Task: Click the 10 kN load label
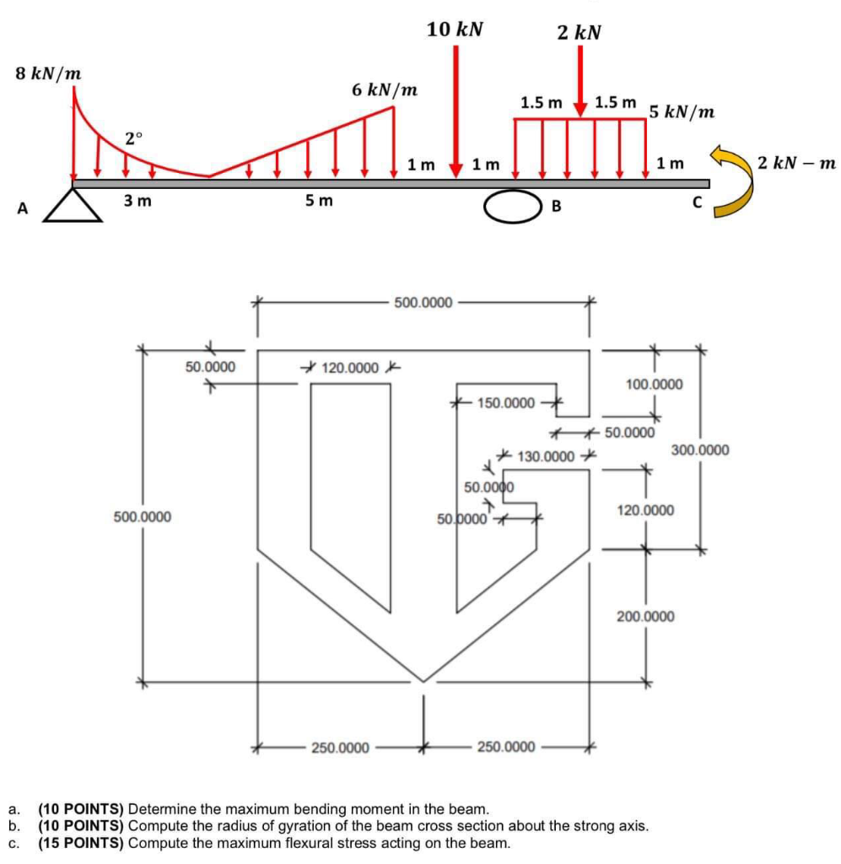pos(455,30)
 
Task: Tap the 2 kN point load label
pos(580,33)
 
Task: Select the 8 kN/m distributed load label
pos(48,73)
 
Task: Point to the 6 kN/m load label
pos(385,89)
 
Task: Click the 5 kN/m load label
pos(682,112)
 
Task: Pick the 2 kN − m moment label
pos(796,163)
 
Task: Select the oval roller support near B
pos(513,206)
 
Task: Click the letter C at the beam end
pos(698,202)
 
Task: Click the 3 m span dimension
pos(137,201)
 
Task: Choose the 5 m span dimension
pos(320,201)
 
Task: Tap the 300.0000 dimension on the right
pos(700,451)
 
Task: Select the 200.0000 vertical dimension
pos(645,616)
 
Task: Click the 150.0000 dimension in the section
pos(506,403)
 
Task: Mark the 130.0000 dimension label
pos(546,456)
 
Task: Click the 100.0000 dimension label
pos(655,384)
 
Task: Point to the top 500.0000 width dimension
pos(423,303)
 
